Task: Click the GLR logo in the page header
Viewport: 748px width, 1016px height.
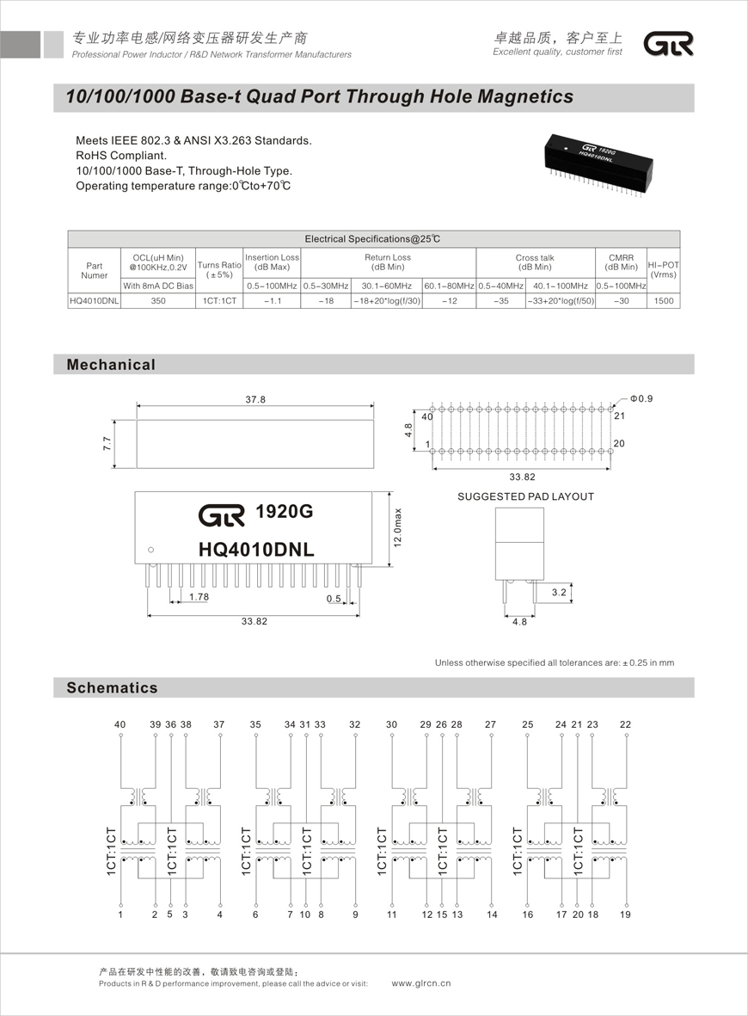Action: (x=669, y=45)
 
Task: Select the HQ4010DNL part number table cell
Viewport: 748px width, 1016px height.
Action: (x=95, y=301)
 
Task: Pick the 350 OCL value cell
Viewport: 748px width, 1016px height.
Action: (x=158, y=301)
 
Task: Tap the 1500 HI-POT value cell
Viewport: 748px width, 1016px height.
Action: (x=663, y=301)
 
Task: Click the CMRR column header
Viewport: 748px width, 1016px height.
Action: (x=621, y=262)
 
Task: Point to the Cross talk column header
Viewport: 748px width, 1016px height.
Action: (x=535, y=262)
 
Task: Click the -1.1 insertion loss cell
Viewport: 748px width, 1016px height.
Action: (x=272, y=301)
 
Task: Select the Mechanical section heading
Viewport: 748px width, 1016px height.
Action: (x=112, y=365)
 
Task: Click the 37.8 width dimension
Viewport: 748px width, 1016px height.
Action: (x=255, y=400)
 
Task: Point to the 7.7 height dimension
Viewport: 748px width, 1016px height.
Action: (x=107, y=444)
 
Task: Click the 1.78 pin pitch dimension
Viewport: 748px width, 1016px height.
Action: (x=199, y=596)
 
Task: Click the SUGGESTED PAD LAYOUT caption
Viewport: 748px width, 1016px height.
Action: (x=525, y=496)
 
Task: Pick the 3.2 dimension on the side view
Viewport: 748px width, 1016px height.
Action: (x=559, y=593)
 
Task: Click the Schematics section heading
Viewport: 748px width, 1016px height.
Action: (x=113, y=687)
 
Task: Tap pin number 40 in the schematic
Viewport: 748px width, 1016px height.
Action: (x=120, y=724)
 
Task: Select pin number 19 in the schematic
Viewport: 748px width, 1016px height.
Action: (x=625, y=914)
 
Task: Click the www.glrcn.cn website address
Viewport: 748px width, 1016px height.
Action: (x=421, y=983)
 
